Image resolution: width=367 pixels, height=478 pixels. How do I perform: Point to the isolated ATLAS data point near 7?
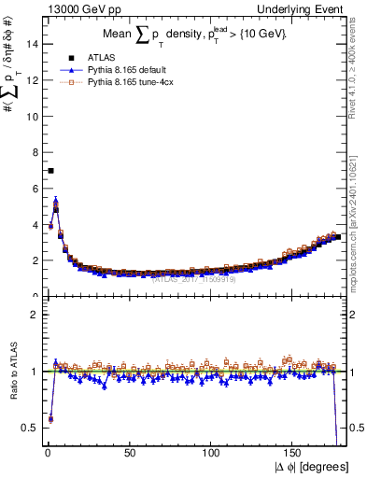click(50, 171)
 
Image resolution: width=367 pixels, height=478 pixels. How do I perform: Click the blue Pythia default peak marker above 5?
click(56, 200)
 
